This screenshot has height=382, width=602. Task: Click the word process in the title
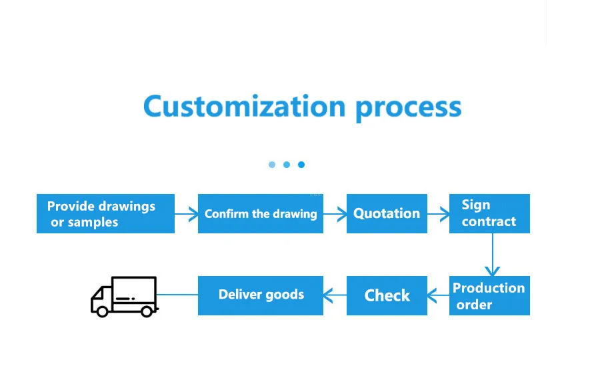click(x=408, y=108)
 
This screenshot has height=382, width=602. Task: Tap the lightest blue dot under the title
click(x=272, y=165)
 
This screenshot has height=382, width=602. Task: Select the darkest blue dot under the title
click(x=301, y=165)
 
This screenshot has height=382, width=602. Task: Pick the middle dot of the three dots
click(x=287, y=165)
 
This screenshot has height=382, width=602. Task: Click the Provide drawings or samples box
click(x=105, y=214)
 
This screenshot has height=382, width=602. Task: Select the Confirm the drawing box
click(x=261, y=214)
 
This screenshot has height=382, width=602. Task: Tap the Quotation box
click(x=387, y=214)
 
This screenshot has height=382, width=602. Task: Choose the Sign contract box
click(x=489, y=214)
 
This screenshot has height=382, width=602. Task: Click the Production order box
click(x=489, y=295)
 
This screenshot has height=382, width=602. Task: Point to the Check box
click(x=387, y=295)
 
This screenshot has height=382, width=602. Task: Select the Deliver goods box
click(x=261, y=295)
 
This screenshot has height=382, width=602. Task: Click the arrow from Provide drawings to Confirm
click(x=187, y=214)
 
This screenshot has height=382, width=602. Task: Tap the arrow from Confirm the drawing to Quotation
click(x=335, y=214)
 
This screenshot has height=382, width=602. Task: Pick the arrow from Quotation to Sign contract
click(x=439, y=214)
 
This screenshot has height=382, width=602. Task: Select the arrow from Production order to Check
click(x=438, y=295)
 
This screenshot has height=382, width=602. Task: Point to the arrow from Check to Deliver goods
click(x=335, y=295)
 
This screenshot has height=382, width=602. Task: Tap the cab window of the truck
click(x=103, y=293)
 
